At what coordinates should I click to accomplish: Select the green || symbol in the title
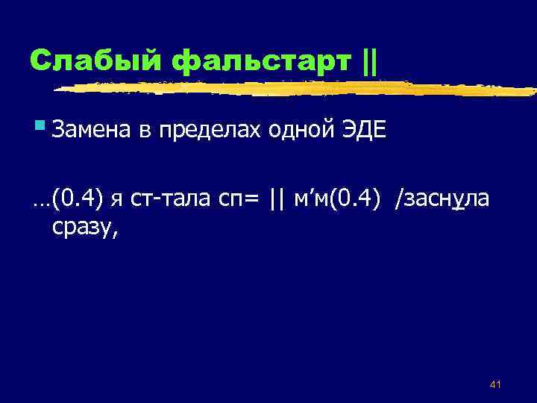(368, 59)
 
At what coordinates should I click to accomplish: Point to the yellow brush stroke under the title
(298, 89)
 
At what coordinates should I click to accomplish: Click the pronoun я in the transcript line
(117, 199)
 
